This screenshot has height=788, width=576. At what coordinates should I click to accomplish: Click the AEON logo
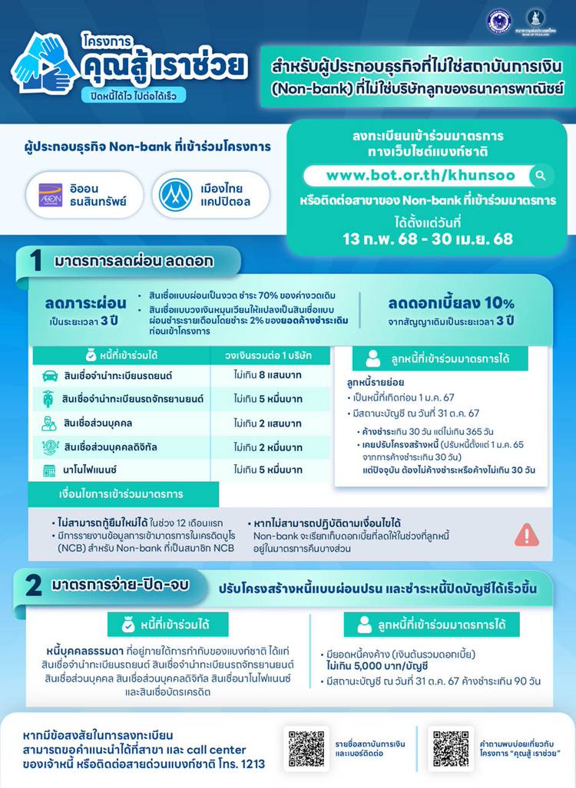pyautogui.click(x=50, y=195)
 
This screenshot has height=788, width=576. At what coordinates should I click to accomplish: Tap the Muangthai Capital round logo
pyautogui.click(x=175, y=195)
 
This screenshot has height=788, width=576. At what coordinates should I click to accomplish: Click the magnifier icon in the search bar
pyautogui.click(x=541, y=176)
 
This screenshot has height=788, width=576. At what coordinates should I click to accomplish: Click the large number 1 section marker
pyautogui.click(x=35, y=262)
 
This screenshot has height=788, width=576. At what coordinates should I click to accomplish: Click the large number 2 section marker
pyautogui.click(x=34, y=586)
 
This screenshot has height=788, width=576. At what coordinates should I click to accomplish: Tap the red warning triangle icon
pyautogui.click(x=526, y=533)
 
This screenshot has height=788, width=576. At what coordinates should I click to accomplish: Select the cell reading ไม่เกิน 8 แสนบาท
pyautogui.click(x=270, y=376)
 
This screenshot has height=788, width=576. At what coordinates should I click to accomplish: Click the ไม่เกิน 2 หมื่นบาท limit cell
pyautogui.click(x=270, y=447)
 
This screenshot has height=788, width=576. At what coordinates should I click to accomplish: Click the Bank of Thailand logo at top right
pyautogui.click(x=536, y=21)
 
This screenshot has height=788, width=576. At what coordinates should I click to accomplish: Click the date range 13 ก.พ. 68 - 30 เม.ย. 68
pyautogui.click(x=428, y=239)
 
